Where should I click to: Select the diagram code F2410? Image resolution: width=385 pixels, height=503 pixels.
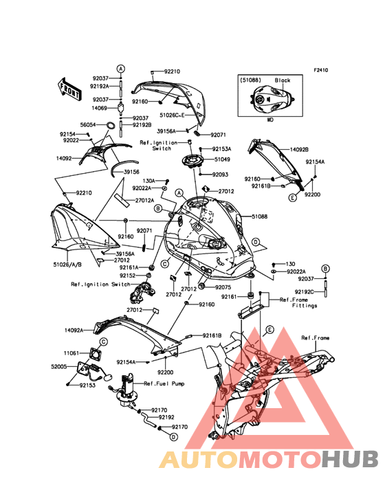321,70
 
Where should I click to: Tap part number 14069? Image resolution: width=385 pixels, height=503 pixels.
99,108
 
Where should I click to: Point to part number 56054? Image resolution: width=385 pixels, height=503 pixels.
88,125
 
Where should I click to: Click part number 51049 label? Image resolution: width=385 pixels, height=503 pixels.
222,159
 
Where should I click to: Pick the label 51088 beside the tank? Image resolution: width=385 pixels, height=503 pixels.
260,216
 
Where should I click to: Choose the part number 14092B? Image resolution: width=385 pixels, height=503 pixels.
299,150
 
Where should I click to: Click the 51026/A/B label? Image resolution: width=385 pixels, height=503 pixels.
67,265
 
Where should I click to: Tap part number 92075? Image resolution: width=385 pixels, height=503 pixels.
223,287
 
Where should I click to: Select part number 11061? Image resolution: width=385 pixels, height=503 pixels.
71,353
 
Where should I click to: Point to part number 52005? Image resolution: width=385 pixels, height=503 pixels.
59,366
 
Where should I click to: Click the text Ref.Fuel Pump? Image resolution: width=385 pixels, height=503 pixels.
164,383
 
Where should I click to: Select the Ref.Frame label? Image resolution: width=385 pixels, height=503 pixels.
316,338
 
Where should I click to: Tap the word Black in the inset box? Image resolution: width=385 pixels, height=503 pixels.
283,80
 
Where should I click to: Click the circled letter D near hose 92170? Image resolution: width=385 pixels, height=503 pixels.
173,436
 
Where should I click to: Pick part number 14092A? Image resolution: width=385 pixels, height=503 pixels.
74,330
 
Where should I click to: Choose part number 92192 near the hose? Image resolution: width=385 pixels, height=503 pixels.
167,417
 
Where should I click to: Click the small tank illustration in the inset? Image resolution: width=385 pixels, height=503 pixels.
272,100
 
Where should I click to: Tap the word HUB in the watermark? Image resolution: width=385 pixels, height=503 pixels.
351,459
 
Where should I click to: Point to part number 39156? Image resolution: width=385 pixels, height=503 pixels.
131,172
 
